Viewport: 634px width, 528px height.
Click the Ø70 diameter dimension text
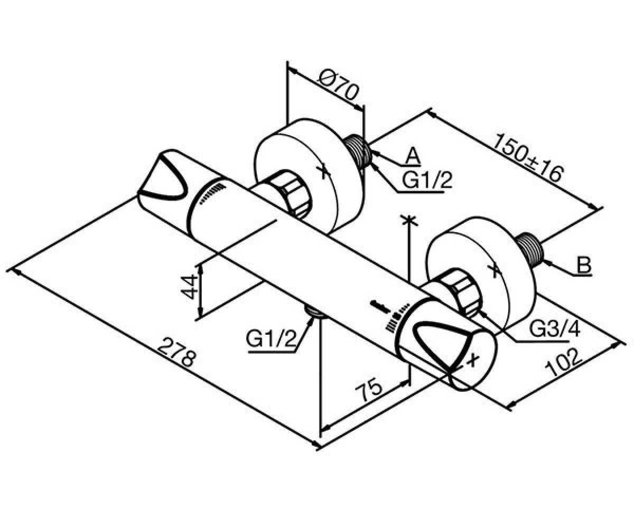coord(339,86)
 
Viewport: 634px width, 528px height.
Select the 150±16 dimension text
coord(529,158)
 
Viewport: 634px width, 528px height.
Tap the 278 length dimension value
coord(176,353)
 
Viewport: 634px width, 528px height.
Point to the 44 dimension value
coord(189,287)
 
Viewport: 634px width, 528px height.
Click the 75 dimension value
coord(369,390)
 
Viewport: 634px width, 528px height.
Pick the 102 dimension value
coord(564,363)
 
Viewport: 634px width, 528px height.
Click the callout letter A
coord(413,156)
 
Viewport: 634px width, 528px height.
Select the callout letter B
coord(584,265)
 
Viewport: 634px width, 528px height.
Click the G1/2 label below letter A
coord(427,180)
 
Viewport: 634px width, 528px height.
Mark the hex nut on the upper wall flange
coord(294,194)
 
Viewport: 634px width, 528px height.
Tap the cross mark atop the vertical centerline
coord(409,221)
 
